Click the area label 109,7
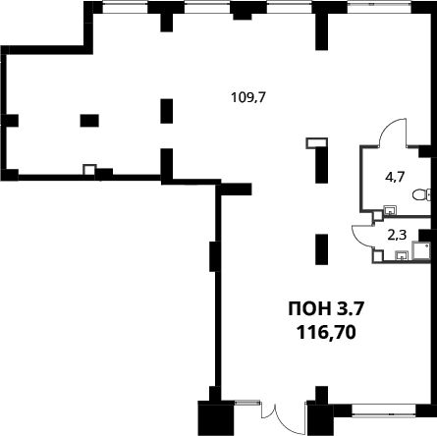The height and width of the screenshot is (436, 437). (247, 97)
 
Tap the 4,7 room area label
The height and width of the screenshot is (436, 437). (395, 177)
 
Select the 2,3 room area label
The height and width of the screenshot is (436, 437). (397, 235)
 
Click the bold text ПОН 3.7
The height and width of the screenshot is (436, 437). (326, 309)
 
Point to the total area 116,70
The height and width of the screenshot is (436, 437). (326, 333)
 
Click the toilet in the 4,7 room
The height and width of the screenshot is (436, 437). (421, 195)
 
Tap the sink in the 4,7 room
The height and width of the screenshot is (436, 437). (390, 209)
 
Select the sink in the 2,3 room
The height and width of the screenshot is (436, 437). (402, 255)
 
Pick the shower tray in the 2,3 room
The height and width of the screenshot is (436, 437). (421, 250)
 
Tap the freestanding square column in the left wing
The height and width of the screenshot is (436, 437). (89, 121)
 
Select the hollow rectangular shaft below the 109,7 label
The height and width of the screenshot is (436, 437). (316, 143)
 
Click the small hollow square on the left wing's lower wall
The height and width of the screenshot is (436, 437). (89, 170)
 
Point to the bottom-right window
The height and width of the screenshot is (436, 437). (383, 410)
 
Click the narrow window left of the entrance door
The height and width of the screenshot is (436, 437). (247, 403)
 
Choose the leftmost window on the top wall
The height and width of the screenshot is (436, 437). (125, 7)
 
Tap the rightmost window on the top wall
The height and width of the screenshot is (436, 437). (379, 7)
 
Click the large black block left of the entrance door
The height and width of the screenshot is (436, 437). (216, 418)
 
